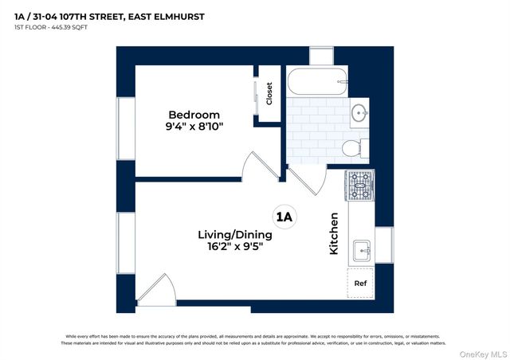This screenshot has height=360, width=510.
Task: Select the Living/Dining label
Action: [235, 235]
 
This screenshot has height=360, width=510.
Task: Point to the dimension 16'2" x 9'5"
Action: [235, 248]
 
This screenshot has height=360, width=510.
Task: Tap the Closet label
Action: [269, 94]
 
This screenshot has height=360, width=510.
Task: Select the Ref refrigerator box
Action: [360, 283]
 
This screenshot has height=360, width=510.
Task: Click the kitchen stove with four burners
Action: [359, 186]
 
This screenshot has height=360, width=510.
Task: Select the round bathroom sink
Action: [359, 112]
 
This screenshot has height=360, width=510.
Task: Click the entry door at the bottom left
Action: [156, 290]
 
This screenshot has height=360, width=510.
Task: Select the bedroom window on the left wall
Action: [126, 127]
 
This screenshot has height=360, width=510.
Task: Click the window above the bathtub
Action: [321, 57]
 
